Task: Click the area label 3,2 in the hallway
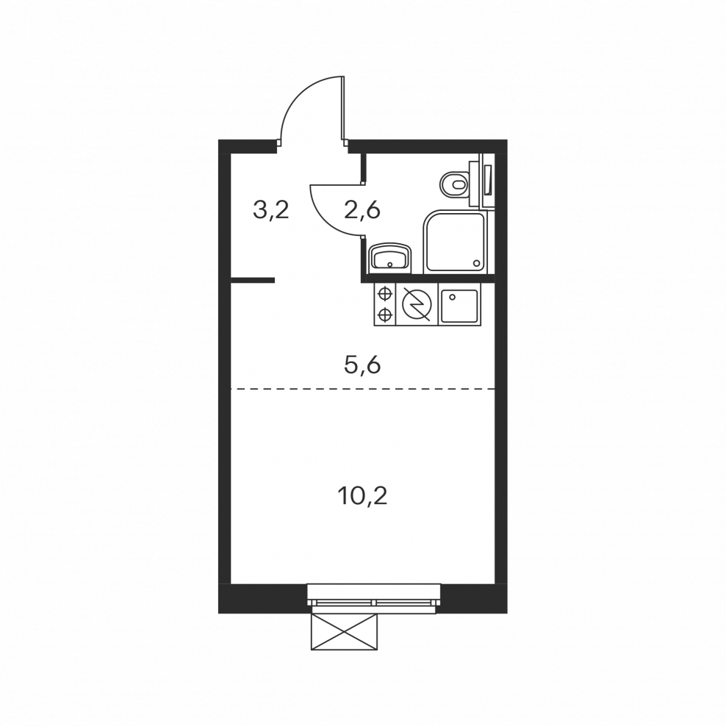click(x=271, y=210)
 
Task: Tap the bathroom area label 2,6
click(x=362, y=210)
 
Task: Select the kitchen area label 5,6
click(x=362, y=365)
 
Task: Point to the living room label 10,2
click(x=362, y=497)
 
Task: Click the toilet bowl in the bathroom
click(x=454, y=184)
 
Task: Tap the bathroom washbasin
click(x=389, y=257)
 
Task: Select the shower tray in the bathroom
click(x=455, y=241)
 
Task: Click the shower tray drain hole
click(x=476, y=263)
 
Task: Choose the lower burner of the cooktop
click(x=384, y=315)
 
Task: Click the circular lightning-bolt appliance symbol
click(x=417, y=304)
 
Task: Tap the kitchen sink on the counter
click(x=459, y=306)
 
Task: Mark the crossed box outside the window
click(x=344, y=632)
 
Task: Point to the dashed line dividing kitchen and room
click(x=362, y=389)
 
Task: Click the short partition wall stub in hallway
click(x=253, y=280)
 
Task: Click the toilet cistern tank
click(x=475, y=184)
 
